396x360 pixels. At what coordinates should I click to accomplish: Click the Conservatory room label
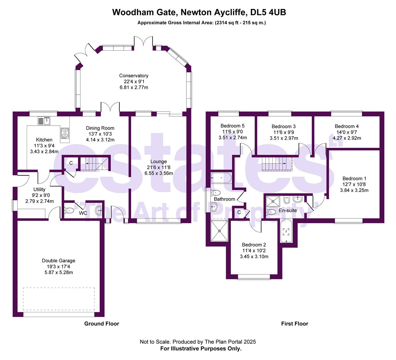[133, 76]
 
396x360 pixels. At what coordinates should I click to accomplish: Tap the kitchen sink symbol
[44, 120]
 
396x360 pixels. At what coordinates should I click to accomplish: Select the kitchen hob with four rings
[65, 133]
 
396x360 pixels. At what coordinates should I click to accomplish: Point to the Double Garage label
[58, 261]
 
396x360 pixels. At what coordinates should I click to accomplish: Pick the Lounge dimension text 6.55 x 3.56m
[158, 173]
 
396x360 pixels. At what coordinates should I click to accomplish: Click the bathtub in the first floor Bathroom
[221, 178]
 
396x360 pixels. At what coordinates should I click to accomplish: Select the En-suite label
[288, 210]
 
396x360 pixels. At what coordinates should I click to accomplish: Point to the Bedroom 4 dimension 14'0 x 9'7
[347, 132]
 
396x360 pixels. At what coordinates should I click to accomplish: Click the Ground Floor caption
[101, 323]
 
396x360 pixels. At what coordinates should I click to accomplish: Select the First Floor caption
[294, 323]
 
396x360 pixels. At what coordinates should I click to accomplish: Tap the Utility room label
[39, 189]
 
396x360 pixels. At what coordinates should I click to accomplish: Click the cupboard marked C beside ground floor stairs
[71, 163]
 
